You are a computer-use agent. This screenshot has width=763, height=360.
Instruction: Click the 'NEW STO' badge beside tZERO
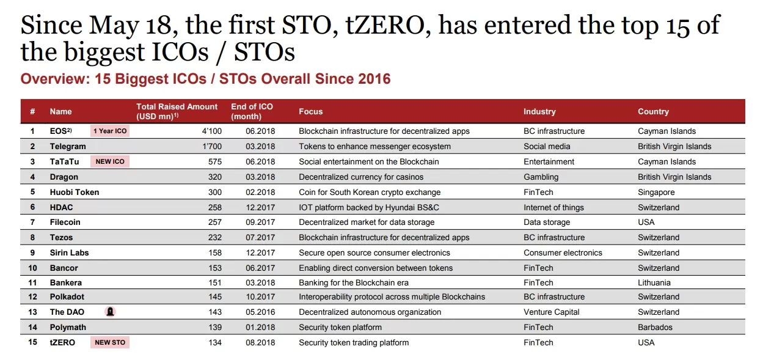(110, 342)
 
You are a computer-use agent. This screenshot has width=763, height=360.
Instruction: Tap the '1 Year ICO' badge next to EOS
(110, 131)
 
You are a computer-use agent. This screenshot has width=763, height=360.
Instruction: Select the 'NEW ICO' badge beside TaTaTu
(110, 161)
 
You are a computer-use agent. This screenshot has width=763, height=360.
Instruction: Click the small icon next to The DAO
(110, 312)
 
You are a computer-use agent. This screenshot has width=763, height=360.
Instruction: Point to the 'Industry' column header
(539, 111)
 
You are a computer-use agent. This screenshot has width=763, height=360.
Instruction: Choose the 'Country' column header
(653, 111)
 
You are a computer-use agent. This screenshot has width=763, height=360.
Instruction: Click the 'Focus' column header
(311, 111)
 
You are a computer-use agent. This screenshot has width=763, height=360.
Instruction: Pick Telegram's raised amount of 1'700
(212, 146)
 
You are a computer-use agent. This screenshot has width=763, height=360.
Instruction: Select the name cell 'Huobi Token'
(75, 193)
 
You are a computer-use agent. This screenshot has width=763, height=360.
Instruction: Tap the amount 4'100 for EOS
(212, 131)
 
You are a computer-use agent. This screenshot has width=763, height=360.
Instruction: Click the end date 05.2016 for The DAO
(260, 312)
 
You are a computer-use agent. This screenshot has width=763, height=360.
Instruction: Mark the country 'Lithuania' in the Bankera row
(654, 282)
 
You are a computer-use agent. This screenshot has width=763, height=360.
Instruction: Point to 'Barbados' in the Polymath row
(655, 327)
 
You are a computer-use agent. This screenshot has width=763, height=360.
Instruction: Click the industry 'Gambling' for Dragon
(541, 177)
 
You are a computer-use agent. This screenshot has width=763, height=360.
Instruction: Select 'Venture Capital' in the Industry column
(552, 312)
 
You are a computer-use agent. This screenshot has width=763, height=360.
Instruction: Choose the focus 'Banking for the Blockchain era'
(354, 282)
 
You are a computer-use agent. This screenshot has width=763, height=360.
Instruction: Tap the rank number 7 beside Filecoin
(32, 222)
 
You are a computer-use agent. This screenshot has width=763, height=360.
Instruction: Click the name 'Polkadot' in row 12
(67, 297)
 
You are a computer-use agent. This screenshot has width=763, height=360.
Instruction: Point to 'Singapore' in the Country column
(656, 193)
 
